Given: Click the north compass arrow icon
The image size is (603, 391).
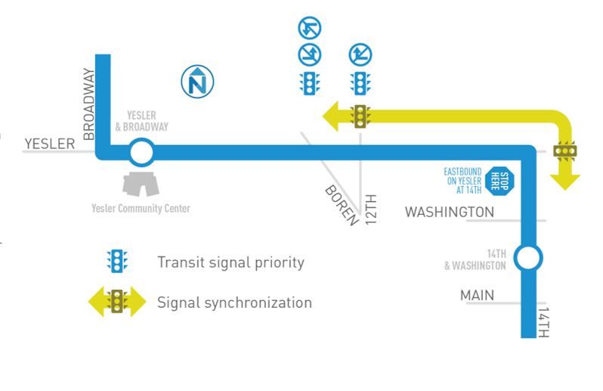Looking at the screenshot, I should click(197, 81).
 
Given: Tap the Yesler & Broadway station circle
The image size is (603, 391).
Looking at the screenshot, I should click(140, 154).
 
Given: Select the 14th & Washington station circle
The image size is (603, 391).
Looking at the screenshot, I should click(528, 258).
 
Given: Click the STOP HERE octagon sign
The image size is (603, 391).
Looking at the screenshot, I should click(499, 182).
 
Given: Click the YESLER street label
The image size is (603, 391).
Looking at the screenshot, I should click(50, 144).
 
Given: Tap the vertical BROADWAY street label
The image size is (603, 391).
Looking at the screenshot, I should click(88, 104).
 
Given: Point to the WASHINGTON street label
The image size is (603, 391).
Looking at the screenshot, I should click(450, 213).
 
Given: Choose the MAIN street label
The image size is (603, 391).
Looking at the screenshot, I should click(478, 295).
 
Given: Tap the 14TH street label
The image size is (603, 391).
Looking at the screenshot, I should click(543, 321).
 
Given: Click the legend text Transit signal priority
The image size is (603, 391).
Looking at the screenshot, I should click(230, 262).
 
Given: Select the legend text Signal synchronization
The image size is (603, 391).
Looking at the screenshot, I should click(234, 303).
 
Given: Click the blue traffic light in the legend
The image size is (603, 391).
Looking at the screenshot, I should click(118, 262).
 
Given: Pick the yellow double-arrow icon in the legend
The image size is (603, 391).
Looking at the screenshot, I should click(117, 302).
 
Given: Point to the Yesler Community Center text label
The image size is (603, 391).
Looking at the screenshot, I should click(141, 209).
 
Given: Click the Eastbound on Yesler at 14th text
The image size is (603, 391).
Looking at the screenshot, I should click(462, 182).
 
